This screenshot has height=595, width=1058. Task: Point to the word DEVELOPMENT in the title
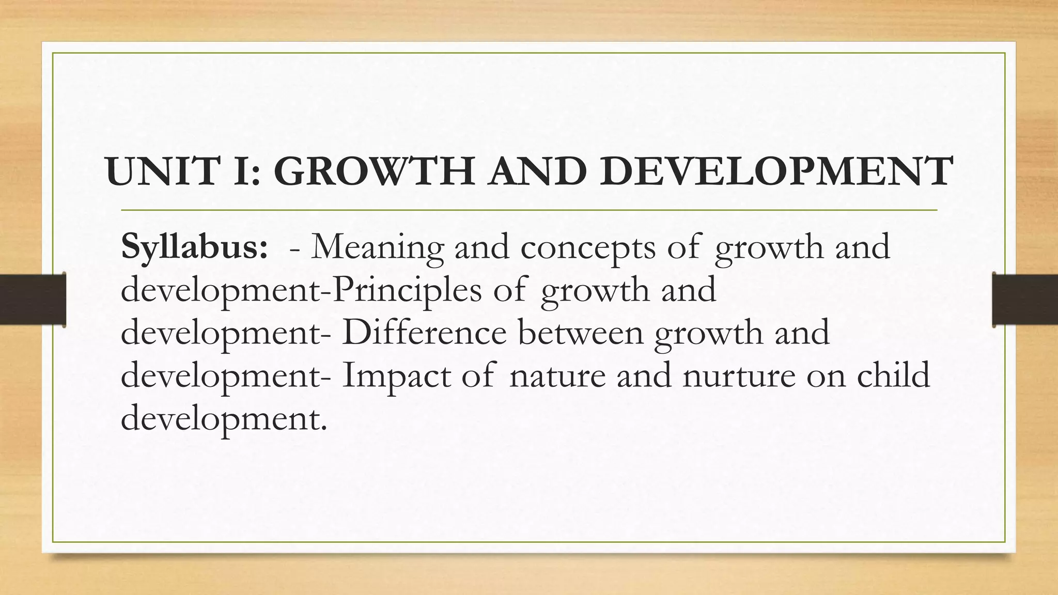tap(775, 171)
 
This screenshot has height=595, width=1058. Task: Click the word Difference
tap(424, 333)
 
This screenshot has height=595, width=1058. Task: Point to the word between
tap(581, 333)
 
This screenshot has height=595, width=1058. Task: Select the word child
tap(893, 375)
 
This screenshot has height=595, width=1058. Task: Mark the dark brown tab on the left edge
tap(33, 300)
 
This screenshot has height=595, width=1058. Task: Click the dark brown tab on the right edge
tap(1025, 300)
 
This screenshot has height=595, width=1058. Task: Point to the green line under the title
tap(529, 211)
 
